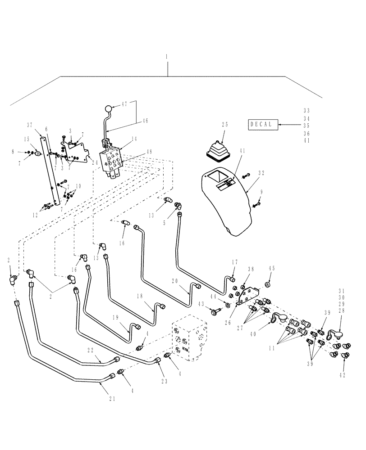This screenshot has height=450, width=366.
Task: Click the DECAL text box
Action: (261, 124)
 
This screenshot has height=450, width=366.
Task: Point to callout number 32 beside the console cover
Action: (262, 172)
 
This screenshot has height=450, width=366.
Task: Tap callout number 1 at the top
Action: (167, 57)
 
